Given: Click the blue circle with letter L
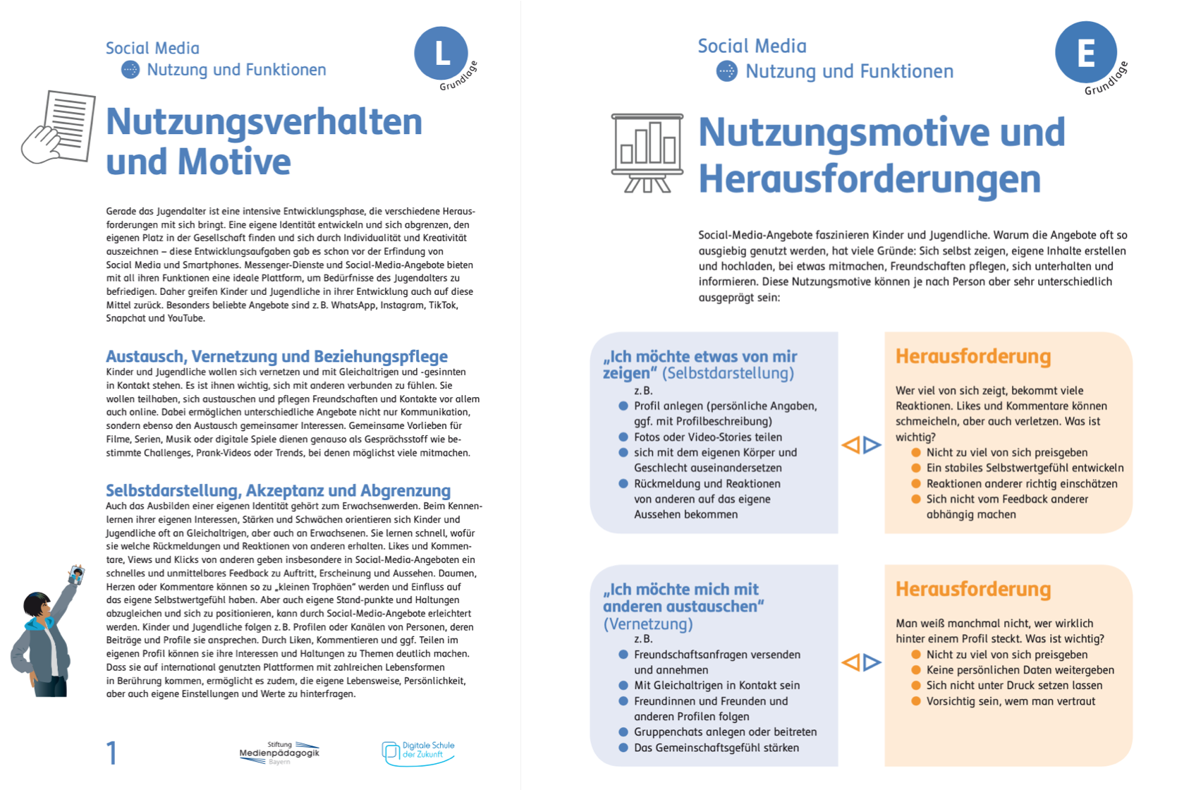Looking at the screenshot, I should coord(441,54).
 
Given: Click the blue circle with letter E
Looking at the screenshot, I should coord(1085,52).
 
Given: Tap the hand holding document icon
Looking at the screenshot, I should coord(59,128).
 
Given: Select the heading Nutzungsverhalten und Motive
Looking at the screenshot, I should coord(264,141).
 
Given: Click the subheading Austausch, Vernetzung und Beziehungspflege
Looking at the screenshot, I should coord(276,356).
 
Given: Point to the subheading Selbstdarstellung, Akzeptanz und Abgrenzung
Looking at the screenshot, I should coord(278,490).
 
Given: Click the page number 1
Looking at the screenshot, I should coord(111,753).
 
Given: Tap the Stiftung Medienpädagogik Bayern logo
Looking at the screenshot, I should coord(279,753).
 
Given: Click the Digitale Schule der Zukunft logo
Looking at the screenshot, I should coord(418,752).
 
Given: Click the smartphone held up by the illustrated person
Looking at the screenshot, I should coord(76,575).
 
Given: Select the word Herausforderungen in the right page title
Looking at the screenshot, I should coord(869,178).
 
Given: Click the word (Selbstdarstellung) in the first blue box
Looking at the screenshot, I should coord(728,373).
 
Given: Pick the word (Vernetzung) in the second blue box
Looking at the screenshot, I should coord(648,624).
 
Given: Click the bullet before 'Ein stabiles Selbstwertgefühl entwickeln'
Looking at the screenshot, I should coord(916,468).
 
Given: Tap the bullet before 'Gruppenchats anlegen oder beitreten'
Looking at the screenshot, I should coord(623,732).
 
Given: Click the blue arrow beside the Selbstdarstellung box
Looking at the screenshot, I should coord(872,445).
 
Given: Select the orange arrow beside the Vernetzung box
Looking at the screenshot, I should coord(851,662).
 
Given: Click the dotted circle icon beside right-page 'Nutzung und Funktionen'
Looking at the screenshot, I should coord(726,71).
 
